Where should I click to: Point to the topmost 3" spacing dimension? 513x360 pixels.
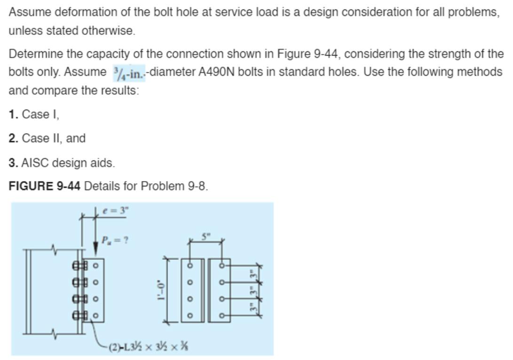point(253,273)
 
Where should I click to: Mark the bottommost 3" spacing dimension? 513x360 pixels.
point(253,307)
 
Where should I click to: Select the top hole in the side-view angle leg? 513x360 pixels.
point(95,266)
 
